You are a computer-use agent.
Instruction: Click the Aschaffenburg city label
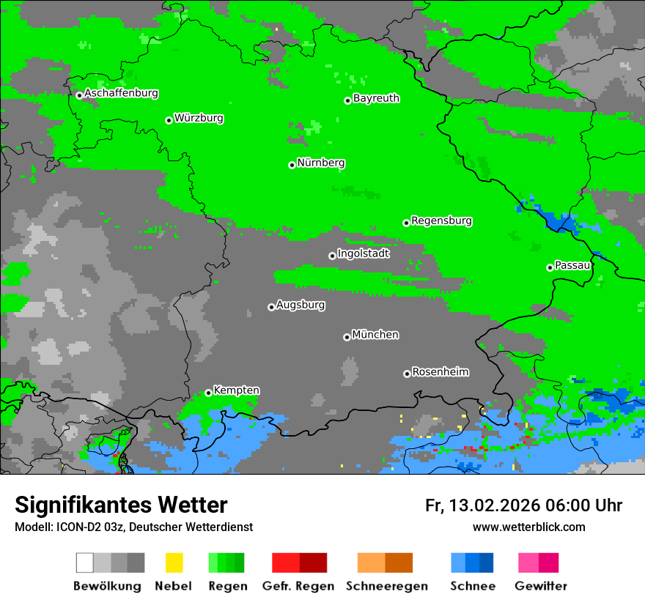pos(121,94)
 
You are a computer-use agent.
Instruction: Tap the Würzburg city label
pos(199,118)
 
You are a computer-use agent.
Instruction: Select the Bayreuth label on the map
pos(376,98)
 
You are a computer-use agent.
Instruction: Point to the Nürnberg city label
pos(321,163)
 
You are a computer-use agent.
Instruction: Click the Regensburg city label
pos(441,220)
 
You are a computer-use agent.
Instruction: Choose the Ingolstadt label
pos(364,253)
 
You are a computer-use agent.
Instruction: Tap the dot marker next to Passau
pos(550,267)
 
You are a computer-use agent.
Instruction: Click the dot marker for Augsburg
pos(271,307)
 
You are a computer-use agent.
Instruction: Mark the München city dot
pos(347,337)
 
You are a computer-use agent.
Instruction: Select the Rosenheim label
pos(441,372)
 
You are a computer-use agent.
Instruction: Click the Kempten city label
pos(236,390)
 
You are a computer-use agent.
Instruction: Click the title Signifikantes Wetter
pos(121,505)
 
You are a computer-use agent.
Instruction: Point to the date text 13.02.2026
pos(495,505)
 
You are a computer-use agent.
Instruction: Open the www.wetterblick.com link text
pos(528,527)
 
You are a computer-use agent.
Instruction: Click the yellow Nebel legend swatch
pos(174,563)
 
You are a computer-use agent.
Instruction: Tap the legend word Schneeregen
pos(385,586)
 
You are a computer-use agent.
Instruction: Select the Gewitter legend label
pos(541,586)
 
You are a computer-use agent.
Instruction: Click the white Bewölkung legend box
pos(85,563)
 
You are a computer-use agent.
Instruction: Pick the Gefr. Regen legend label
pos(298,586)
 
